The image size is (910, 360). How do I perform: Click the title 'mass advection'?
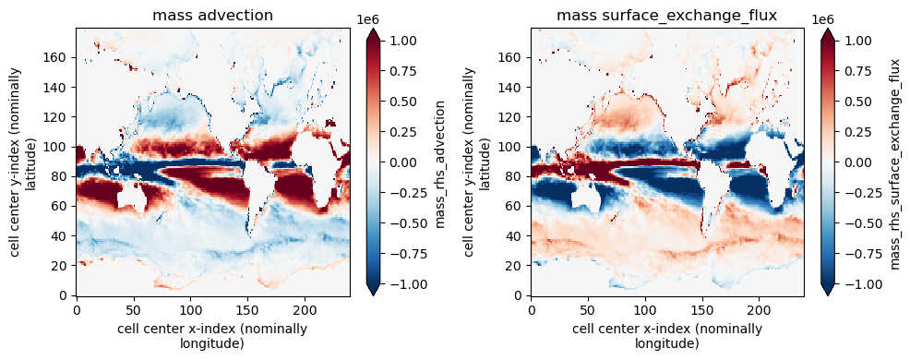[x=212, y=16]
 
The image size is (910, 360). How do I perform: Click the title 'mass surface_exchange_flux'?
[x=667, y=17]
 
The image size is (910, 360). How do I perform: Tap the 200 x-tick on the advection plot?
[x=305, y=307]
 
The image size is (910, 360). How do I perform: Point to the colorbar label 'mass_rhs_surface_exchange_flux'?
[x=897, y=163]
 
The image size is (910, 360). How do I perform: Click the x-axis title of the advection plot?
[x=212, y=337]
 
